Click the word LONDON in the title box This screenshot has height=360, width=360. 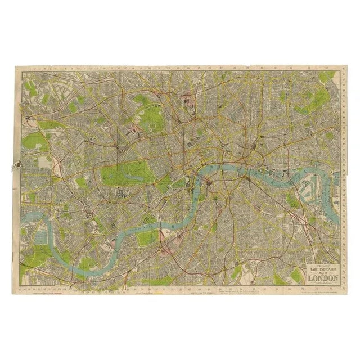(x=322, y=277)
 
